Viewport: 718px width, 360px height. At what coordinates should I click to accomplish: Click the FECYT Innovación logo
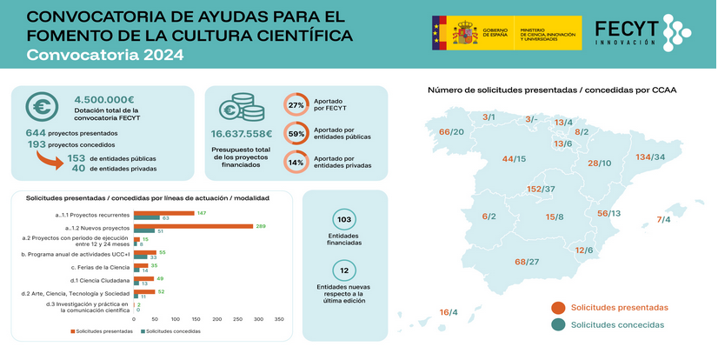tap(642, 32)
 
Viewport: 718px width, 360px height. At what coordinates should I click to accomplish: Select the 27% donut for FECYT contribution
tap(296, 104)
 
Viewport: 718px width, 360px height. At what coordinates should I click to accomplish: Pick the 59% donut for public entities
tap(296, 134)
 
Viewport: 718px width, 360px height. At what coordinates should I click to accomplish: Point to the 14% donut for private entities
tap(296, 163)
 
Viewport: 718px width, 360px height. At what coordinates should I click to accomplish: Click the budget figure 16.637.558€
tap(242, 134)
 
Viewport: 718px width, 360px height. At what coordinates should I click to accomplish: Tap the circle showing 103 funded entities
tap(343, 221)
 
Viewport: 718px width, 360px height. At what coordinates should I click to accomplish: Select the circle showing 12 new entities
tap(343, 270)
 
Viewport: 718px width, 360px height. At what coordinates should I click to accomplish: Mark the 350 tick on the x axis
tap(279, 319)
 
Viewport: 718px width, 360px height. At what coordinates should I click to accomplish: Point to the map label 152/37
tap(542, 189)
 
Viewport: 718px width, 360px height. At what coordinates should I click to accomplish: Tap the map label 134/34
tap(650, 157)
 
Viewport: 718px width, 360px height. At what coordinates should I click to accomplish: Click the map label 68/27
tap(527, 262)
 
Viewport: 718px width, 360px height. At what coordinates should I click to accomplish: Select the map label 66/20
tap(451, 132)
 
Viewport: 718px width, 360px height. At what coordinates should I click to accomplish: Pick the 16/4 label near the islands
tap(449, 312)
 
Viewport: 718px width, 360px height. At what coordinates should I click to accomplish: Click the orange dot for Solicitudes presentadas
tap(558, 307)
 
